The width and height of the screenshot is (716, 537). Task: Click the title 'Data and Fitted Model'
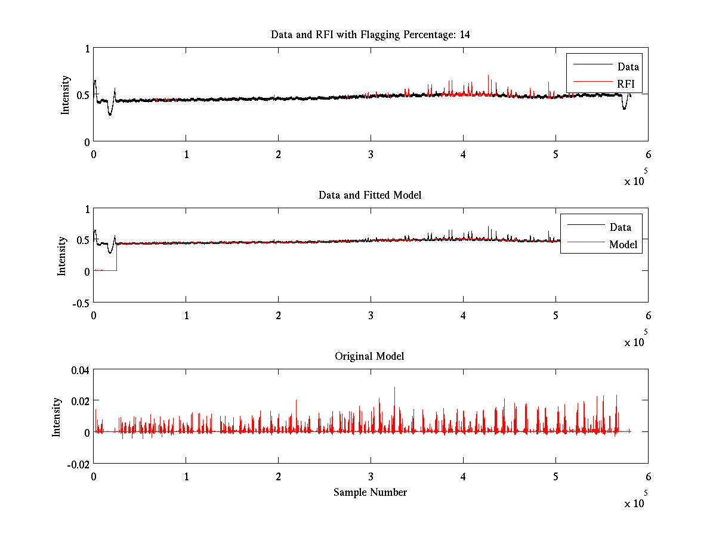tap(370, 195)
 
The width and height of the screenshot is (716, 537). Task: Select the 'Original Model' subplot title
tap(369, 356)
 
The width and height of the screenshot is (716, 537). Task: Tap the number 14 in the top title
tap(464, 35)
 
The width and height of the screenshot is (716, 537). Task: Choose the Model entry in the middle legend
tap(623, 245)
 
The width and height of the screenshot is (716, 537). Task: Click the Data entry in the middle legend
tap(620, 227)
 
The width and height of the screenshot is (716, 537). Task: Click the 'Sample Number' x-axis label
tap(370, 492)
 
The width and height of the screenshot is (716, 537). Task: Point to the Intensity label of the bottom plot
tap(57, 417)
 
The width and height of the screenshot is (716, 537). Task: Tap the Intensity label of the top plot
tap(66, 95)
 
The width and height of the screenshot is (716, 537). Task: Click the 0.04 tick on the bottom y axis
tap(80, 370)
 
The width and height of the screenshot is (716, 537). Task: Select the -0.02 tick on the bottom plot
tap(78, 464)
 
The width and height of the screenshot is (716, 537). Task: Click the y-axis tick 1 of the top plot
tap(87, 49)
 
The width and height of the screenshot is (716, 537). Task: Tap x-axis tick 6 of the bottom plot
tap(648, 477)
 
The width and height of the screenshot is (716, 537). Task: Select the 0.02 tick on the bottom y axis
tap(80, 401)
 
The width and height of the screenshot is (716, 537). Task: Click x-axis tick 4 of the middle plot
tap(463, 315)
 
